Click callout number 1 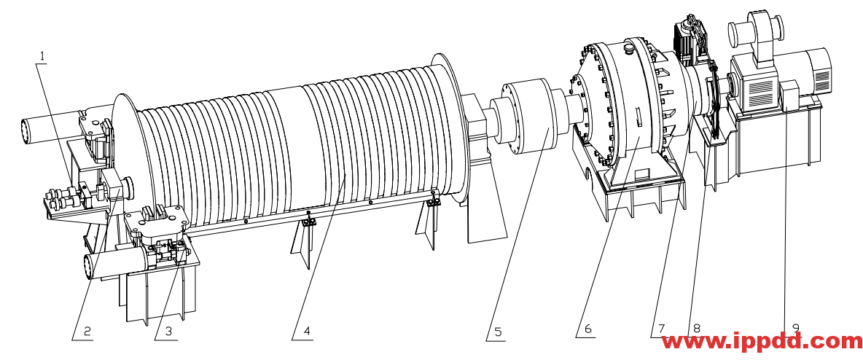pyautogui.click(x=42, y=55)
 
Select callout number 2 pyautogui.click(x=87, y=332)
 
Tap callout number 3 pyautogui.click(x=168, y=332)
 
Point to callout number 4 pyautogui.click(x=307, y=332)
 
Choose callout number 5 pyautogui.click(x=499, y=332)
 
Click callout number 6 pyautogui.click(x=587, y=329)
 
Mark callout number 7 pyautogui.click(x=661, y=329)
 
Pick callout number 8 pyautogui.click(x=696, y=329)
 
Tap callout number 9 pyautogui.click(x=795, y=328)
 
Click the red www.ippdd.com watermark pyautogui.click(x=762, y=343)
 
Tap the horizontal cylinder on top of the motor pyautogui.click(x=754, y=31)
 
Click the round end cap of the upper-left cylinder pyautogui.click(x=25, y=133)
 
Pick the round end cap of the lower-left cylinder pyautogui.click(x=88, y=267)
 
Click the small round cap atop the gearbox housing pyautogui.click(x=628, y=48)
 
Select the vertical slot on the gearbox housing pyautogui.click(x=638, y=118)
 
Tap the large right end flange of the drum pyautogui.click(x=450, y=127)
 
